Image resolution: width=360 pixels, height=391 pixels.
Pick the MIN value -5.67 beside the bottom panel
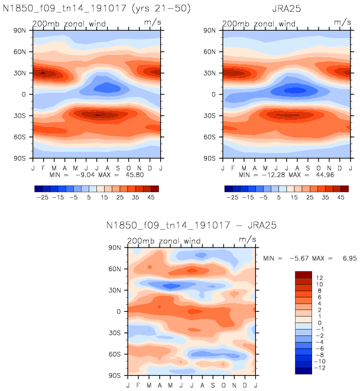(294, 258)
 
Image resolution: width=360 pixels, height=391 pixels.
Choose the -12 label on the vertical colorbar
(320, 367)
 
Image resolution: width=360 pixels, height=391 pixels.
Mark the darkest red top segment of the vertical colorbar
(303, 274)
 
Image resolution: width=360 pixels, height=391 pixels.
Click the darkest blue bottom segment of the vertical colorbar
(303, 371)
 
